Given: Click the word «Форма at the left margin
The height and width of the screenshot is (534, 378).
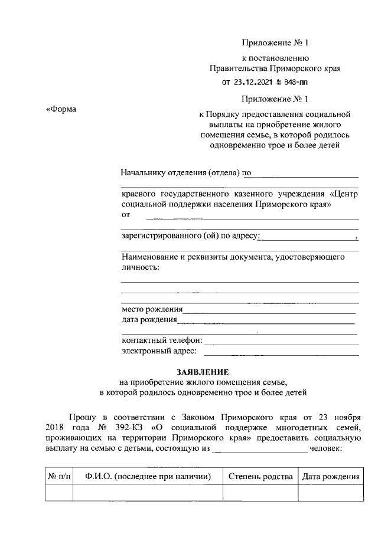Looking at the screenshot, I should point(61,109).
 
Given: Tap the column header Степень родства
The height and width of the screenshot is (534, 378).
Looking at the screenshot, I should point(260,476).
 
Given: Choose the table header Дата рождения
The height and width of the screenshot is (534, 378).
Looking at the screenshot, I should point(330,476).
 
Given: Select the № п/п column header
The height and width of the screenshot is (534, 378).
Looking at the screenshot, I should point(58,476).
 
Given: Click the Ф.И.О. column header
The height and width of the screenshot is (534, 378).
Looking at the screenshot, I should point(148,476).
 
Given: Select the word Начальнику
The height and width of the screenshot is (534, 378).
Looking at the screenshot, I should point(145,173).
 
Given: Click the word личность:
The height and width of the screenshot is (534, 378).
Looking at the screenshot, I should point(140,267).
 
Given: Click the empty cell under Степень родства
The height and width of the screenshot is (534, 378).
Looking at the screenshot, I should point(260,492).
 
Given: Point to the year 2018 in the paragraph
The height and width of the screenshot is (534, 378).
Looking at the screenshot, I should point(56,427).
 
